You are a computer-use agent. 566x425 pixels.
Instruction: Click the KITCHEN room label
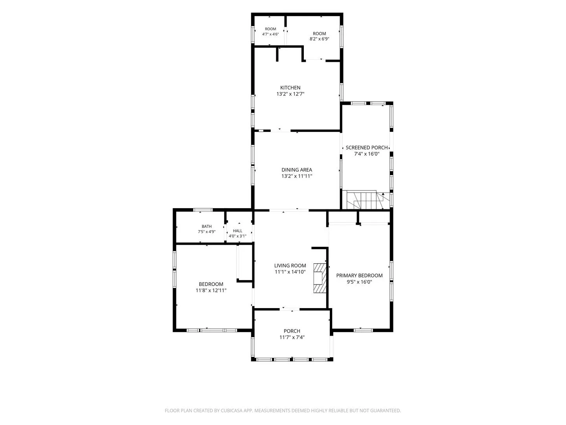290,88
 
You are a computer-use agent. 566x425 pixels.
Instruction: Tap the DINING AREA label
296,170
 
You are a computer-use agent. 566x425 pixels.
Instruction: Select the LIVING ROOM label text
290,266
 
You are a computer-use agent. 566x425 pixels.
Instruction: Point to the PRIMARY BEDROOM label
359,275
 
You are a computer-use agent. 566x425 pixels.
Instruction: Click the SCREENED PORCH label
366,148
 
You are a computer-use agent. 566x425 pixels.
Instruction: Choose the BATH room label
206,227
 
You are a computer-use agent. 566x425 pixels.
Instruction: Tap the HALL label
237,231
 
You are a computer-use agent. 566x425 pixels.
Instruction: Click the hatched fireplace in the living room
320,278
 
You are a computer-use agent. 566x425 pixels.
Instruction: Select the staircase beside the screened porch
364,200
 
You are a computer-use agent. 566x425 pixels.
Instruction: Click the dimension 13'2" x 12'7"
290,94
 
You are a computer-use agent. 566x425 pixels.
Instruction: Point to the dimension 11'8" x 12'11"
211,290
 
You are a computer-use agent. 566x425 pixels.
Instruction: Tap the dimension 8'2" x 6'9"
319,39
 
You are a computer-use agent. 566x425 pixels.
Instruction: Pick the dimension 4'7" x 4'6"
270,34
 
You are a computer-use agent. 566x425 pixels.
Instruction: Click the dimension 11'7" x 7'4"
292,337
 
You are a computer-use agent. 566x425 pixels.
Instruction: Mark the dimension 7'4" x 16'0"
366,154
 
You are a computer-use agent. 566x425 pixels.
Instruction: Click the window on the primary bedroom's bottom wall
363,330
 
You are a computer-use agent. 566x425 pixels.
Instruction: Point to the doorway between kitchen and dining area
281,131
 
